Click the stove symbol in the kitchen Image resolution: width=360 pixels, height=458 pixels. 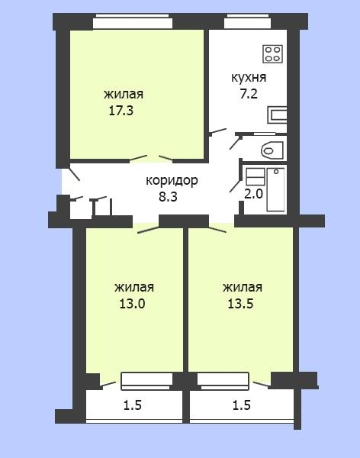click(272, 54)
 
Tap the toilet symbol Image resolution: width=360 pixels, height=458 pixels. click(272, 150)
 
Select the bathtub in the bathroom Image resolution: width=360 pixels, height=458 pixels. click(275, 189)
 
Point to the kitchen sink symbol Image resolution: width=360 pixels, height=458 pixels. click(277, 114)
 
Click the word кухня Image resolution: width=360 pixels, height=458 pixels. click(249, 78)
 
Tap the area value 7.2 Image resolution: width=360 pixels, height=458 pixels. click(249, 94)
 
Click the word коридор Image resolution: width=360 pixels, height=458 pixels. click(172, 181)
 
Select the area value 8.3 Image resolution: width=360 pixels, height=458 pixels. click(168, 197)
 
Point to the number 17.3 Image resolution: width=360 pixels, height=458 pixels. click(121, 111)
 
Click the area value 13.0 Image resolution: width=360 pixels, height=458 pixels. click(132, 304)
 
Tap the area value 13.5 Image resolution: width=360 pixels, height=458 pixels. click(240, 304)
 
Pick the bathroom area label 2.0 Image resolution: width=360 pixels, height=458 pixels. click(253, 194)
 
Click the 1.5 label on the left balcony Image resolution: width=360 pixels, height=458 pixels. click(133, 405)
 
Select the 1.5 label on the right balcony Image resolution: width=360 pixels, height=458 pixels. click(242, 405)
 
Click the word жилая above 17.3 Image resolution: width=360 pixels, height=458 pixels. click(124, 95)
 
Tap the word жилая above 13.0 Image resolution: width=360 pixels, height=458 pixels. click(134, 288)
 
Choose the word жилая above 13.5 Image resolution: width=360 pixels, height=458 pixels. click(243, 288)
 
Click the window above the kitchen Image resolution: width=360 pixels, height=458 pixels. click(248, 21)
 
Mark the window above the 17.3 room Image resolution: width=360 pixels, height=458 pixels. click(133, 21)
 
